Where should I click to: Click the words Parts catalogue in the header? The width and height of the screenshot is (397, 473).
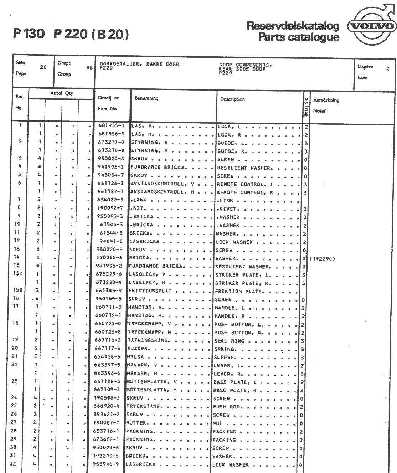(299, 37)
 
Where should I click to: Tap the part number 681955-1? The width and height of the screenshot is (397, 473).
(111, 126)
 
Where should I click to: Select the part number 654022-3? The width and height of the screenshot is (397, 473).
(110, 200)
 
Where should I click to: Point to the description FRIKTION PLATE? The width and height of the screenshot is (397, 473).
(238, 291)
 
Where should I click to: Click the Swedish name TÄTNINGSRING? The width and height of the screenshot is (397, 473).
(148, 340)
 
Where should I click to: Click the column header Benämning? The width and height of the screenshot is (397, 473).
(146, 98)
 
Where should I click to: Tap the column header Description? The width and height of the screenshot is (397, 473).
(232, 99)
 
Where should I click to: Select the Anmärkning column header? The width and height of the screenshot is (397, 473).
(326, 101)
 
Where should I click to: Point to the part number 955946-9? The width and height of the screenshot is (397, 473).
(106, 464)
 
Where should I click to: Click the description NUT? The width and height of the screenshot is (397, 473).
(217, 423)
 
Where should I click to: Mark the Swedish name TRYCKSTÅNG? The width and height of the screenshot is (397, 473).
(144, 406)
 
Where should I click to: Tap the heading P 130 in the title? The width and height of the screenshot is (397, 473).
(29, 34)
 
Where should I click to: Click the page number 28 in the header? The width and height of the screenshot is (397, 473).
(43, 67)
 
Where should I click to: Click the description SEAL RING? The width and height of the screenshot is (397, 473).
(229, 341)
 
